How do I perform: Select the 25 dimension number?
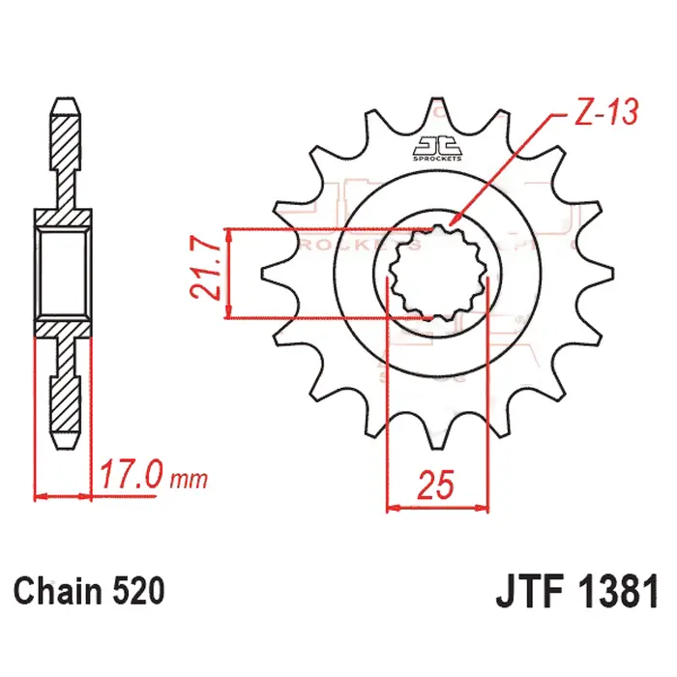[x=436, y=484]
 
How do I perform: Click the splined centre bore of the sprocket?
[x=437, y=273]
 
